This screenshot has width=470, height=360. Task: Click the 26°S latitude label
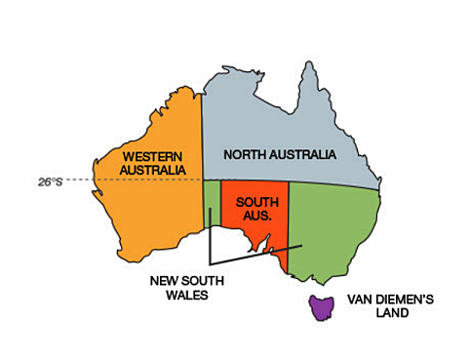[x=51, y=181]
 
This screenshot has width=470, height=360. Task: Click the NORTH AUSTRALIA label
[x=279, y=155]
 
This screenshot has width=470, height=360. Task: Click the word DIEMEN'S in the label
[x=396, y=301]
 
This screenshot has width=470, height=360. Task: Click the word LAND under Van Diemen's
[x=366, y=315]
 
